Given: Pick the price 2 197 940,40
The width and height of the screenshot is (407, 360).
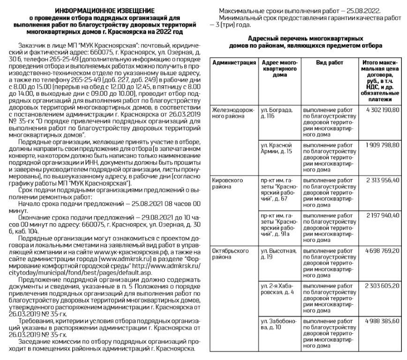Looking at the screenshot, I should [380, 215].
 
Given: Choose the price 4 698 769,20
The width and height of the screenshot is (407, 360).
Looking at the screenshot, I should [380, 250].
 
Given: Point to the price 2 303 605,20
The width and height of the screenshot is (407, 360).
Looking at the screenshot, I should [380, 285].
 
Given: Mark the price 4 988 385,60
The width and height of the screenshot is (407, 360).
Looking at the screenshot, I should [380, 321].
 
